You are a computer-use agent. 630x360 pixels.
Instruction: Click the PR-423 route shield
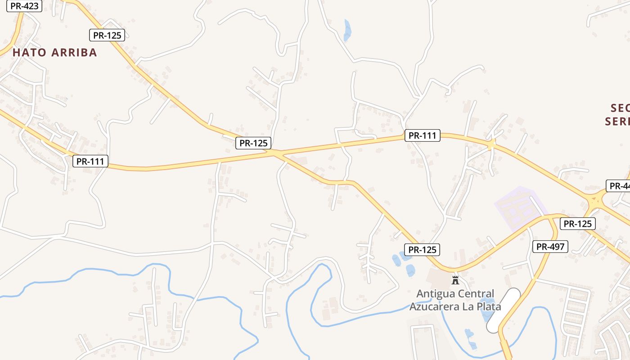pos(24,6)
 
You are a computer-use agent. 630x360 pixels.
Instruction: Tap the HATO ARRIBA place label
pos(55,53)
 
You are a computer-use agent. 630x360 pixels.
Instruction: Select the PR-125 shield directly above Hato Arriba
pos(107,35)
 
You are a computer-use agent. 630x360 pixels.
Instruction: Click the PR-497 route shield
pos(551,247)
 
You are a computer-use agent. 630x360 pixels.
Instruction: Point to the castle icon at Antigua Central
pos(455,280)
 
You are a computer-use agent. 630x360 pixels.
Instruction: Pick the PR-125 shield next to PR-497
pos(578,224)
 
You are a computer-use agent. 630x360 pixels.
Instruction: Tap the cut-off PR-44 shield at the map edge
pos(618,186)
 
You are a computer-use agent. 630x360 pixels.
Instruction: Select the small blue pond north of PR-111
pos(347,31)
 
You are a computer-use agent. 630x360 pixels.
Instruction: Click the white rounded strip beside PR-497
pos(504,310)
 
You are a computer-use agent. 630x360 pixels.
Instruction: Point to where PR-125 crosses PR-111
pos(275,153)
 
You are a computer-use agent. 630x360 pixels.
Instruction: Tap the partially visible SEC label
pos(620,108)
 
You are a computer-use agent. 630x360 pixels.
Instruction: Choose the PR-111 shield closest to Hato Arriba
pos(90,161)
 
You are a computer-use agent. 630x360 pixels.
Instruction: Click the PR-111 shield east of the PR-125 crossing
pos(422,135)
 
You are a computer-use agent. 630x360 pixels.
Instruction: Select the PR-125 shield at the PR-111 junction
pos(254,143)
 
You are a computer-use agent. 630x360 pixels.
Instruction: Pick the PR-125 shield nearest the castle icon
pos(422,250)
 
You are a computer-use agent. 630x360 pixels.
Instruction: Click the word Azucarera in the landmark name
pos(434,307)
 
